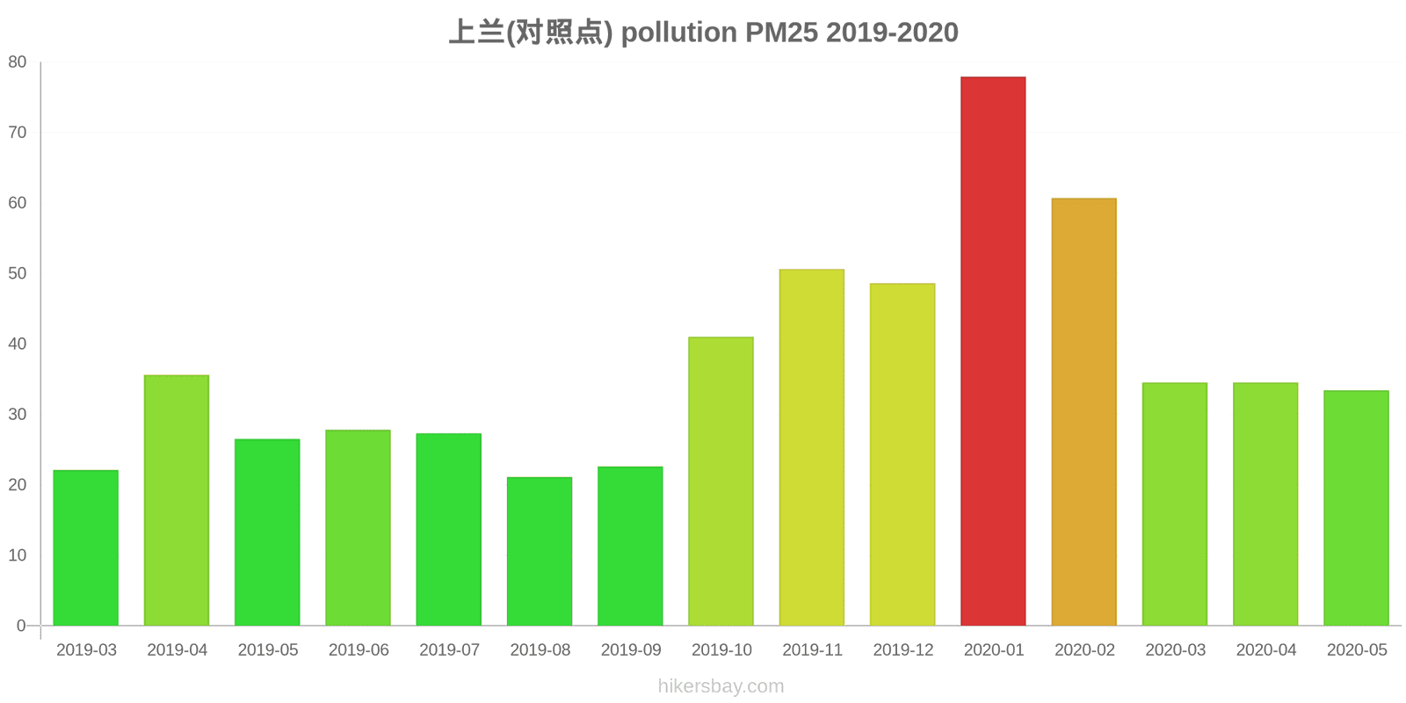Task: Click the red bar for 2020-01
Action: click(x=993, y=351)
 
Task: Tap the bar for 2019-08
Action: click(x=540, y=551)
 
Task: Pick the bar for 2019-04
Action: click(x=177, y=500)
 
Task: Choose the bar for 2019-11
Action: click(x=811, y=447)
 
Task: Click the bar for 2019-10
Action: click(x=721, y=481)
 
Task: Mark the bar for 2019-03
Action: click(x=86, y=547)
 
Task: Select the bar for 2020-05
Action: click(x=1356, y=508)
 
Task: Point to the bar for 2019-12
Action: click(x=902, y=454)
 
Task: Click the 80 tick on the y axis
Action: click(x=18, y=62)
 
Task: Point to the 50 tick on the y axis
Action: click(x=18, y=273)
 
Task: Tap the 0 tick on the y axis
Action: click(x=21, y=626)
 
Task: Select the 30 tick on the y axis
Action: click(x=18, y=414)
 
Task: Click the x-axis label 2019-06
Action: click(x=359, y=650)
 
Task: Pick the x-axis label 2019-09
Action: click(x=631, y=650)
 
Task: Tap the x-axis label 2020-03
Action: click(x=1175, y=650)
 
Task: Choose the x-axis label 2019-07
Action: click(x=449, y=650)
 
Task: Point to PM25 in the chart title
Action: click(x=781, y=33)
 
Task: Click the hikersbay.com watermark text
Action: click(x=721, y=686)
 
